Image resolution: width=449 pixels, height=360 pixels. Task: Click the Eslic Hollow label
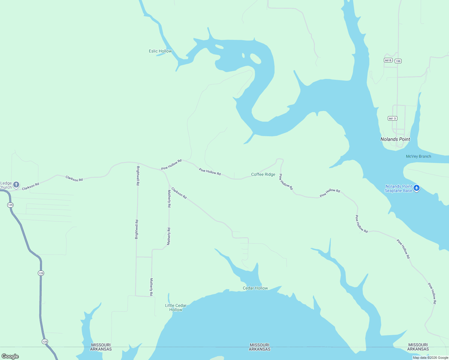tap(160, 51)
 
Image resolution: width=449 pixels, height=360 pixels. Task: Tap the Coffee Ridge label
tap(263, 175)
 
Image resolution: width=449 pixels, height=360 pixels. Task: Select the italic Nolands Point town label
tap(395, 139)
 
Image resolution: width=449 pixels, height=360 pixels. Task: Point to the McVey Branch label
tap(418, 156)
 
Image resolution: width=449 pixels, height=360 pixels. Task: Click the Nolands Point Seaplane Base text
tap(399, 188)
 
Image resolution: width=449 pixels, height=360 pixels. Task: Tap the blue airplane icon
tap(416, 188)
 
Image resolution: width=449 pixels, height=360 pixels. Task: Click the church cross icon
tap(16, 184)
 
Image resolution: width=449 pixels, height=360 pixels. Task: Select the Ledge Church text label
tap(6, 185)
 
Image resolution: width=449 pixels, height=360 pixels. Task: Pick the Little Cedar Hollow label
tap(176, 307)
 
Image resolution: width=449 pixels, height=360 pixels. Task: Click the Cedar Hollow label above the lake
tap(255, 288)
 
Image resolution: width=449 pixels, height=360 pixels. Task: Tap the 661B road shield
tap(388, 60)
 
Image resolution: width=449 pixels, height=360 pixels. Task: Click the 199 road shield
tap(398, 61)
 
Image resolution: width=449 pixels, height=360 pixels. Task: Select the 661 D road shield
tap(392, 118)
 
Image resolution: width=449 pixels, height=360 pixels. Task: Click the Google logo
tap(10, 356)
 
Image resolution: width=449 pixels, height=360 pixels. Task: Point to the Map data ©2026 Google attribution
tap(430, 358)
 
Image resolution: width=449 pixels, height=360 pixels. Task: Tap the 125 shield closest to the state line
tap(45, 341)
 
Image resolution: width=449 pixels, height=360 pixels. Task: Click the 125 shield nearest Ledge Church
tap(11, 205)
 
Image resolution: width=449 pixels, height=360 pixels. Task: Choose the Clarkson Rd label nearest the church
tap(31, 186)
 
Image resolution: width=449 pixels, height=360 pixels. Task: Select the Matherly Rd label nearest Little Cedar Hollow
tap(152, 287)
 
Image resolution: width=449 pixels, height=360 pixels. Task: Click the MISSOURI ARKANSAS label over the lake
tap(260, 347)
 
